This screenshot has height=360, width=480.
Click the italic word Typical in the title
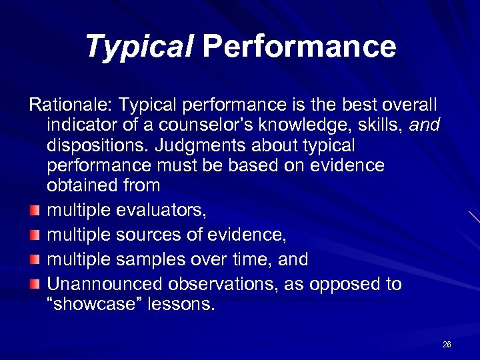coord(139,47)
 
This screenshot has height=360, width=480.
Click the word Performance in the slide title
coord(299,47)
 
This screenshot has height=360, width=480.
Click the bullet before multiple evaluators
coord(35,211)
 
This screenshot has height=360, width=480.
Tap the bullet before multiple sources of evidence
coord(35,235)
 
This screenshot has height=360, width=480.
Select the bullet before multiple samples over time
coord(35,259)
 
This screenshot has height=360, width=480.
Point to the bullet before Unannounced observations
coord(35,283)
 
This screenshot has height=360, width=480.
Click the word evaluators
coord(161,211)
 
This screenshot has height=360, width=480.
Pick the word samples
coord(151,259)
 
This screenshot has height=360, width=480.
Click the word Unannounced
coord(105,284)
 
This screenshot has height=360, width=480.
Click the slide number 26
coord(447,344)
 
